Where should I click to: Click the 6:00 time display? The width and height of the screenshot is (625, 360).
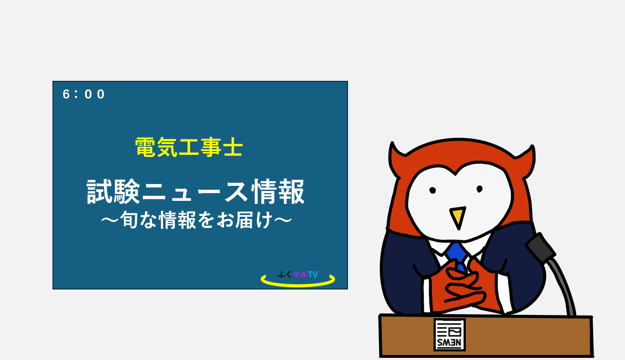click(x=84, y=94)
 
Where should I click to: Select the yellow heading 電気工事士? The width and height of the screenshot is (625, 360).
click(x=189, y=147)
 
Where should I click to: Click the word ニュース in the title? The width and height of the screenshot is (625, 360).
click(x=195, y=192)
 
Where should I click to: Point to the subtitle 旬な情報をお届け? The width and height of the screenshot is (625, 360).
click(x=197, y=220)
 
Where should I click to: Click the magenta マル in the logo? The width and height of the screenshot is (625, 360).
click(x=300, y=274)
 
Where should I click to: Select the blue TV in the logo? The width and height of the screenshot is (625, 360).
click(x=313, y=274)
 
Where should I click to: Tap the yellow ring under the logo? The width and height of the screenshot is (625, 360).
click(x=298, y=285)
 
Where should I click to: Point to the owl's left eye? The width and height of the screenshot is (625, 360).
click(x=432, y=191)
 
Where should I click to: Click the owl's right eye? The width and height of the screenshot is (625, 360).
click(x=480, y=189)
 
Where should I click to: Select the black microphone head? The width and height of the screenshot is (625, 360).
click(x=540, y=248)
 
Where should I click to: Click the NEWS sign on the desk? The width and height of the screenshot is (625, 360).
click(x=450, y=335)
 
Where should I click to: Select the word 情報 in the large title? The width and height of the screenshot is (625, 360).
click(x=277, y=191)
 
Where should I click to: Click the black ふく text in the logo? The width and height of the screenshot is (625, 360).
click(x=285, y=274)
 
